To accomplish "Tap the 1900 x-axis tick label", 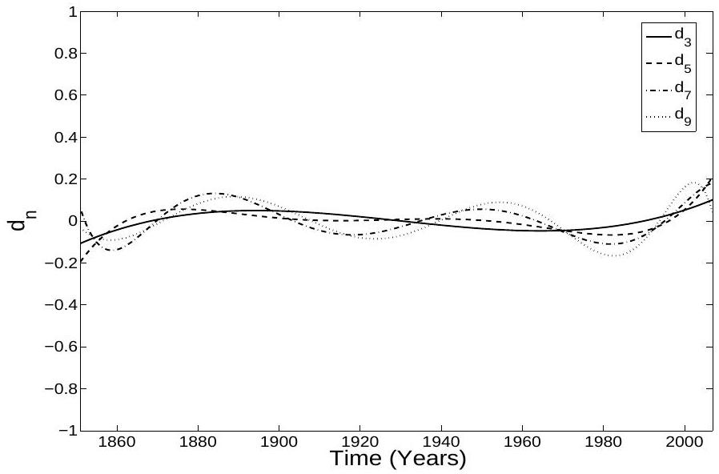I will click(279, 442).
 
